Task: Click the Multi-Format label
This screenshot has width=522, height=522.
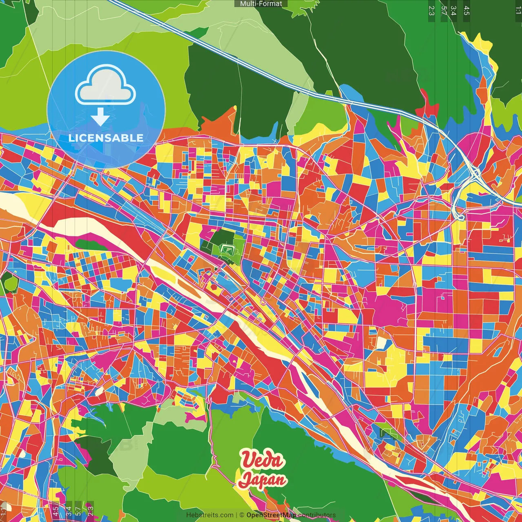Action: click(261, 4)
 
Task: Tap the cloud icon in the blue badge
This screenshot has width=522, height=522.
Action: click(106, 85)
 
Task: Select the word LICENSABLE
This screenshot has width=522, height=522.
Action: click(106, 138)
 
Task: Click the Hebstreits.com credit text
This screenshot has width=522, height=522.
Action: click(210, 515)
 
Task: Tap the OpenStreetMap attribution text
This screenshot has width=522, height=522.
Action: click(271, 515)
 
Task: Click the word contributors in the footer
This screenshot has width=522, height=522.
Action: click(316, 515)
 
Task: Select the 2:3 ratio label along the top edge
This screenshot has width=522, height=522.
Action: click(431, 11)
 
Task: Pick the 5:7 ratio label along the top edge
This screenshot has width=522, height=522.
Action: click(444, 11)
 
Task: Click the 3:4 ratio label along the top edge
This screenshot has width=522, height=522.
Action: click(453, 11)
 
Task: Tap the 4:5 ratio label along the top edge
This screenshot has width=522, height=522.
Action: click(467, 11)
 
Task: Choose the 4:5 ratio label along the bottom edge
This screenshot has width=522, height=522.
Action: click(55, 511)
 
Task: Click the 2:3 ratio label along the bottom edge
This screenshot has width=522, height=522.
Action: click(91, 511)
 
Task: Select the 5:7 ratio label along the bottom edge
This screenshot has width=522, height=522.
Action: click(78, 511)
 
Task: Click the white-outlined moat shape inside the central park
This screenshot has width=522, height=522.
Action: click(227, 248)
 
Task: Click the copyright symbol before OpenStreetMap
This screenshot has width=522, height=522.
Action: click(242, 515)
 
